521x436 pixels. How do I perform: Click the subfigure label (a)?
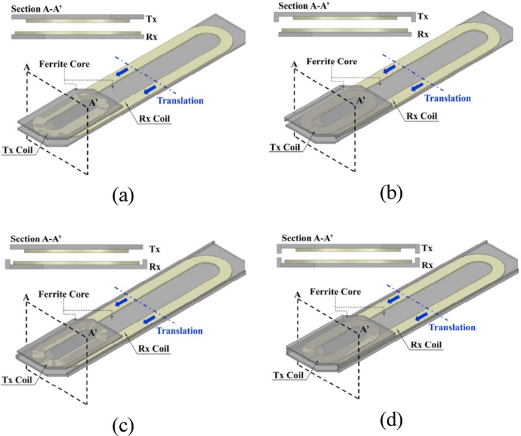point(123,194)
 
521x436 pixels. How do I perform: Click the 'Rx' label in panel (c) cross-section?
point(154,265)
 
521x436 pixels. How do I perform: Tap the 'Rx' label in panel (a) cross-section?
point(155,31)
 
